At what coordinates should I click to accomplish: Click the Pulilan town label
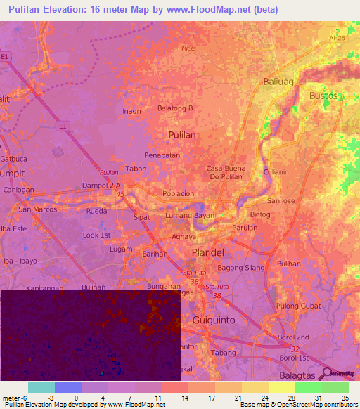tap(181, 134)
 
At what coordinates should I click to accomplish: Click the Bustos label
tap(323, 95)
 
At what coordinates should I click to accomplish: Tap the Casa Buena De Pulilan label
tap(224, 172)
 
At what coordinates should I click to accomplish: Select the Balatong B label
tap(174, 108)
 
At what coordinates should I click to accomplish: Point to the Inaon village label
tap(132, 111)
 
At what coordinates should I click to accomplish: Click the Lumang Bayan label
tap(189, 215)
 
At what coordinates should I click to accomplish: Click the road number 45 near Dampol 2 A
tap(120, 195)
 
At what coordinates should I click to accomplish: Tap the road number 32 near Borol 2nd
tap(296, 348)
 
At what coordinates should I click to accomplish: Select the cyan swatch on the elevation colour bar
tap(41, 387)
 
